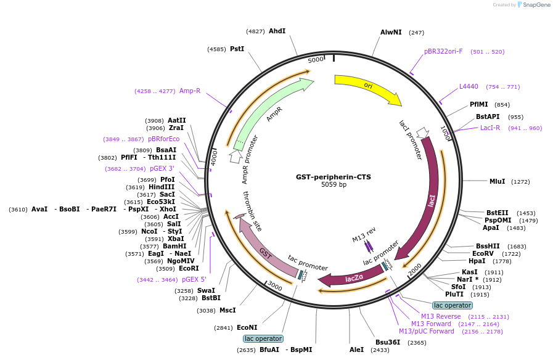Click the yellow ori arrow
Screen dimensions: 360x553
pyautogui.click(x=367, y=87)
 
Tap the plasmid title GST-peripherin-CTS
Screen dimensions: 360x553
pyautogui.click(x=334, y=177)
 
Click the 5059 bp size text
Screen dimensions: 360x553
pyautogui.click(x=334, y=185)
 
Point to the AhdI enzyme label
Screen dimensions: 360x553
pyautogui.click(x=277, y=31)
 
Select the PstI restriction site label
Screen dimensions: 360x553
pyautogui.click(x=237, y=49)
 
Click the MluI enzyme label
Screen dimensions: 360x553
pyautogui.click(x=497, y=181)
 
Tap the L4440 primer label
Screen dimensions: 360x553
pyautogui.click(x=469, y=87)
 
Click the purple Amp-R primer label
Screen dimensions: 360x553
pyautogui.click(x=190, y=91)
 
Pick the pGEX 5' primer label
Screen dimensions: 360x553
pyautogui.click(x=194, y=279)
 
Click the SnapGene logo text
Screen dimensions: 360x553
pyautogui.click(x=535, y=5)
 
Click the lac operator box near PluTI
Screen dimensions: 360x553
pyautogui.click(x=452, y=305)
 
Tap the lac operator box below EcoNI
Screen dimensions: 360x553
pyautogui.click(x=263, y=338)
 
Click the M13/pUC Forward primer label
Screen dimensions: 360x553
pyautogui.click(x=427, y=332)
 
